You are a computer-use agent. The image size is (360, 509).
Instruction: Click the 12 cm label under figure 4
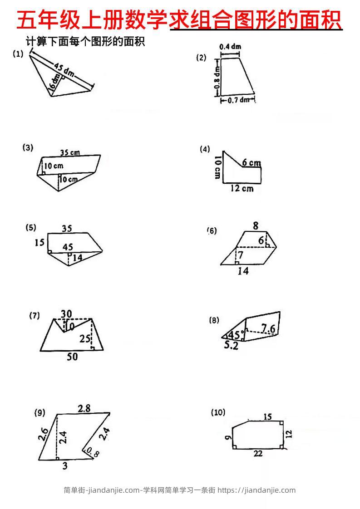tap(241, 188)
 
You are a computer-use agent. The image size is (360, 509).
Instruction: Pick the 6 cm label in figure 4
tap(252, 163)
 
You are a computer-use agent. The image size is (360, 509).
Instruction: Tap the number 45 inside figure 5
tap(67, 247)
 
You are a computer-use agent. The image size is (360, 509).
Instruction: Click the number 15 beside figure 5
tap(39, 243)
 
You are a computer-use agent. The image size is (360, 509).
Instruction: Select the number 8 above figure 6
tap(256, 225)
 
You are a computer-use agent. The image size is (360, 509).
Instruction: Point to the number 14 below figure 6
tap(243, 271)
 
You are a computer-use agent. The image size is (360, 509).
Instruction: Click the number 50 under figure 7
tap(72, 357)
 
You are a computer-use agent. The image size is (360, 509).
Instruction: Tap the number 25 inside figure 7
tap(84, 338)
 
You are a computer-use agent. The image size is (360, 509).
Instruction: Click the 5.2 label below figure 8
tap(231, 346)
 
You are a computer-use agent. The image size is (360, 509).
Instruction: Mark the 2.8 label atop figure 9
tap(84, 408)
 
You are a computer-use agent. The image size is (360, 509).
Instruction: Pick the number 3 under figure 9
tap(64, 466)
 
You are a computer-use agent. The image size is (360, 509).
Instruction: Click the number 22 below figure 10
tap(258, 454)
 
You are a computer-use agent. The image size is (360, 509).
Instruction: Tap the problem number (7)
tap(35, 316)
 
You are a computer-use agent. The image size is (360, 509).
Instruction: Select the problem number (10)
tap(218, 412)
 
